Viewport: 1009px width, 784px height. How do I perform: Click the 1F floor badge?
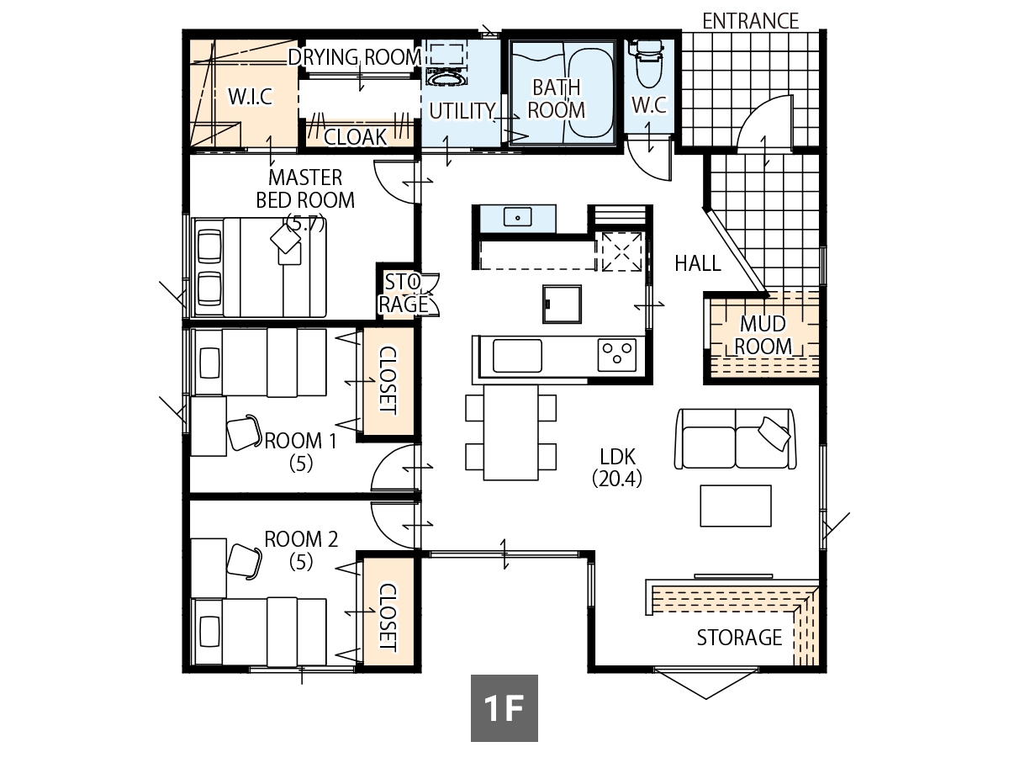pyautogui.click(x=504, y=708)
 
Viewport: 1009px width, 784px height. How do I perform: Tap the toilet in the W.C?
pyautogui.click(x=647, y=66)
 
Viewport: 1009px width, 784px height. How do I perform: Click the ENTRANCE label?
pyautogui.click(x=750, y=21)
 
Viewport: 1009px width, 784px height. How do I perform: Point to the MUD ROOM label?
pyautogui.click(x=763, y=335)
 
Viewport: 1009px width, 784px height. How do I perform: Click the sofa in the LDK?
pyautogui.click(x=735, y=438)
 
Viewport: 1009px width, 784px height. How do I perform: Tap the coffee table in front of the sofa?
pyautogui.click(x=736, y=506)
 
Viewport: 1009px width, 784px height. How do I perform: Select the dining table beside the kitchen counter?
pyautogui.click(x=510, y=432)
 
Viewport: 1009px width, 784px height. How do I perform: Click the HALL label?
pyautogui.click(x=698, y=264)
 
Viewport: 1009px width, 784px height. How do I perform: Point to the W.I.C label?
pyautogui.click(x=251, y=97)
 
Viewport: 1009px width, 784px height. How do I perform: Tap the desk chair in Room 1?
pyautogui.click(x=243, y=432)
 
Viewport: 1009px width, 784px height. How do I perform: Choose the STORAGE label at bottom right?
pyautogui.click(x=739, y=638)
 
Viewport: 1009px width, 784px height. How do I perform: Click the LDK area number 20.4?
pyautogui.click(x=617, y=478)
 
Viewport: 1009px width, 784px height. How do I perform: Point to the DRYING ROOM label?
pyautogui.click(x=354, y=57)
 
